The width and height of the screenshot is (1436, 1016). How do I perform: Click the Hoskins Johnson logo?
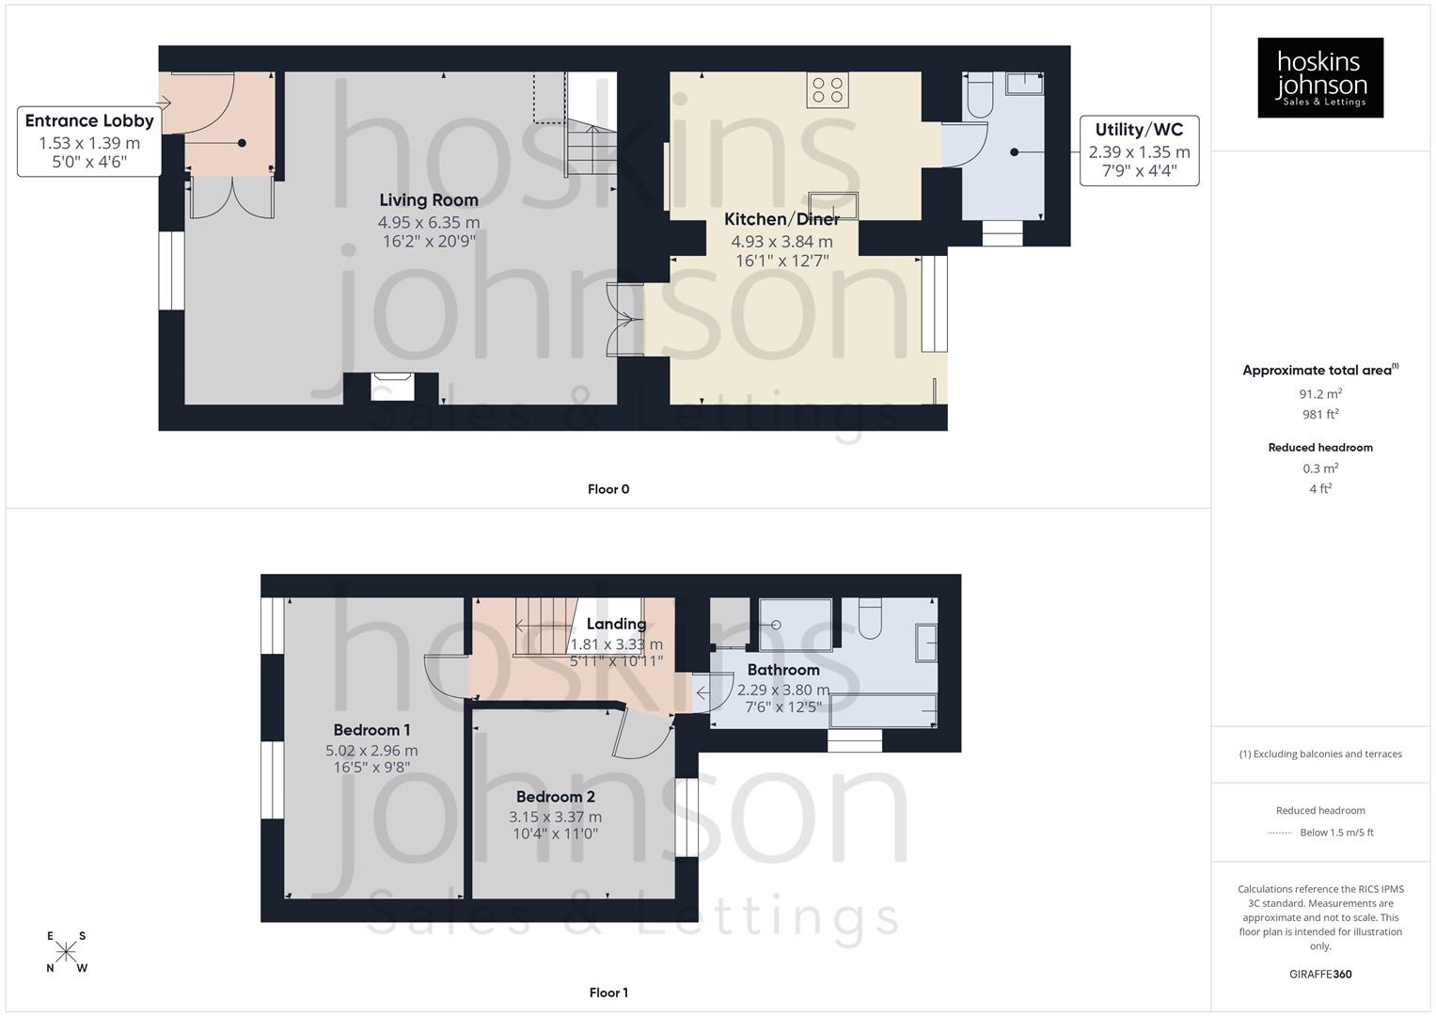(x=1319, y=78)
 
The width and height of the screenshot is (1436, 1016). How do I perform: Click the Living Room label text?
(x=429, y=199)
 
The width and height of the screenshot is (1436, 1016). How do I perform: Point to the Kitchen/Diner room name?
(x=781, y=219)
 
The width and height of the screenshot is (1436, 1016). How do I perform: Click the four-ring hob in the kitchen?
(x=828, y=90)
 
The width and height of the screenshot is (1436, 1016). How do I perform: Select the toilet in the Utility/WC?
(x=979, y=95)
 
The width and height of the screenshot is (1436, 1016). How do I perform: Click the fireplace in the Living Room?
(x=392, y=387)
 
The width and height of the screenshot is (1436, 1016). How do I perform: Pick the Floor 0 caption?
(x=608, y=489)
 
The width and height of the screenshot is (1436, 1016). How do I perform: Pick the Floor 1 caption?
(x=608, y=992)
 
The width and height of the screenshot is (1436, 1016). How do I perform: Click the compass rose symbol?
(x=67, y=952)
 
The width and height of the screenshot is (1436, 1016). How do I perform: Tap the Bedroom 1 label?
(x=371, y=730)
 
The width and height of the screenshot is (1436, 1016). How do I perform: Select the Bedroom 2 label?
(x=555, y=797)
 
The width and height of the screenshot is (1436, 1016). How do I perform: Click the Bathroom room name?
(x=783, y=670)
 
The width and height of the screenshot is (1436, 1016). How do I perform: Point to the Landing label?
(x=616, y=624)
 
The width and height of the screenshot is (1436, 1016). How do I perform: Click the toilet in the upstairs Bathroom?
(x=869, y=617)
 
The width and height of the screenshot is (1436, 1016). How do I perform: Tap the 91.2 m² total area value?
(x=1320, y=394)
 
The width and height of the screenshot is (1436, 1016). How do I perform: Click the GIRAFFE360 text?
(x=1320, y=974)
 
